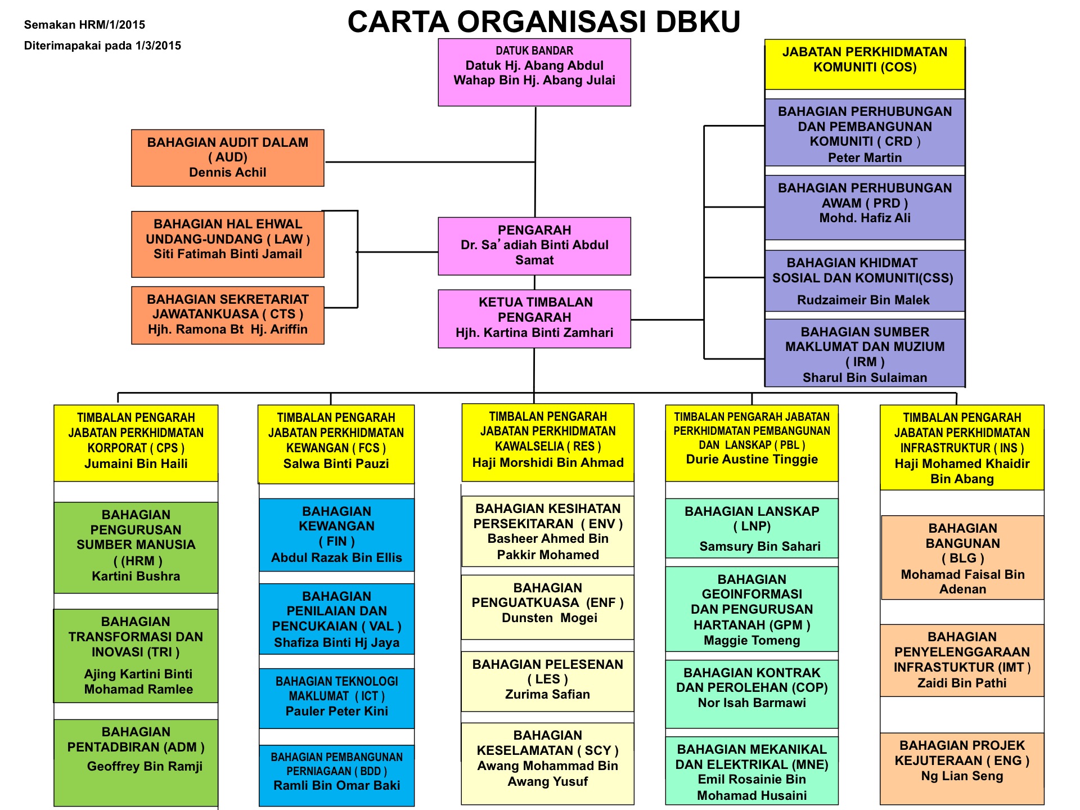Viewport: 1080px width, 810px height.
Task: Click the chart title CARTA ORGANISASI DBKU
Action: [x=543, y=22]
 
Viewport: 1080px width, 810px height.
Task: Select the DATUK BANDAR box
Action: [x=534, y=72]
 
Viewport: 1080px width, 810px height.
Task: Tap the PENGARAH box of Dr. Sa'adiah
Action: [x=534, y=246]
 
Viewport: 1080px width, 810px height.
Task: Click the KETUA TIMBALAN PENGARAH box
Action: [x=534, y=318]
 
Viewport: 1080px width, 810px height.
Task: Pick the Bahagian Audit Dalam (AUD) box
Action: [x=227, y=157]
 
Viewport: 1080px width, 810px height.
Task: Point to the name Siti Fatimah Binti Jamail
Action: [x=227, y=254]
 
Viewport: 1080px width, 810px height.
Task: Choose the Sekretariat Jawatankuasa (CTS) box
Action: [x=227, y=315]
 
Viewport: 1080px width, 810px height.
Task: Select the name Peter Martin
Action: [x=865, y=158]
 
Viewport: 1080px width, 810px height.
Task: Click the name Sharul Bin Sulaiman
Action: [x=865, y=378]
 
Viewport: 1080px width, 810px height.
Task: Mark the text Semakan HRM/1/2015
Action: [x=84, y=25]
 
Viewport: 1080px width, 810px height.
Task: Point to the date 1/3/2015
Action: [x=158, y=46]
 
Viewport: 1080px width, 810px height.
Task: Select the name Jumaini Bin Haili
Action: [x=136, y=464]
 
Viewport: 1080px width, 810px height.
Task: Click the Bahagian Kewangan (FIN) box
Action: [x=336, y=534]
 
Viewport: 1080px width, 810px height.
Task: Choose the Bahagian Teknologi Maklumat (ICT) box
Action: [x=336, y=697]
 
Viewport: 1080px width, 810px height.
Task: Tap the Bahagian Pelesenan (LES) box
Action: [x=547, y=681]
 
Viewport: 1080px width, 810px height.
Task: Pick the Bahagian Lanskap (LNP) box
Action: [x=751, y=528]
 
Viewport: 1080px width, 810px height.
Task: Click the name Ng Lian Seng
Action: [x=962, y=776]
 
